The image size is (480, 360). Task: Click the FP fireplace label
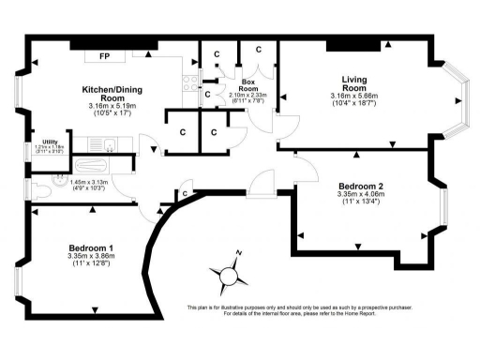104,55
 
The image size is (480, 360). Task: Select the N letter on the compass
239,253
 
